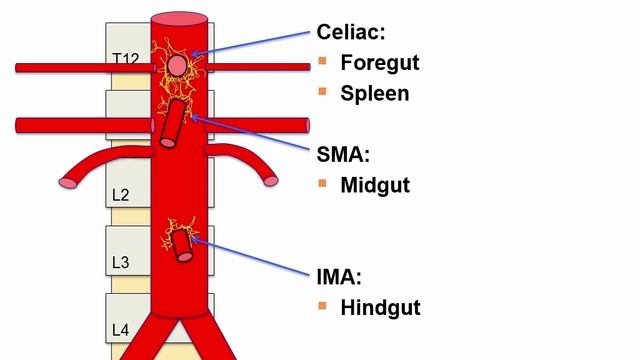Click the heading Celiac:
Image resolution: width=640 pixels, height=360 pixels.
click(352, 32)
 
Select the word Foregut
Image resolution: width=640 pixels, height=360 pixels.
click(379, 62)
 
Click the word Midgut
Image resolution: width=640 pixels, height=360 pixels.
click(375, 185)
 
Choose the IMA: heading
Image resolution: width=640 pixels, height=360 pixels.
click(335, 277)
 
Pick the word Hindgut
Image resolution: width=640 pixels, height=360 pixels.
click(380, 307)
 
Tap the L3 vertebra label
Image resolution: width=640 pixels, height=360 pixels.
click(119, 263)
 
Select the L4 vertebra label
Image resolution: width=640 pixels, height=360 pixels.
click(119, 329)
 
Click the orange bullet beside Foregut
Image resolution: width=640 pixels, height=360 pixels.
click(322, 62)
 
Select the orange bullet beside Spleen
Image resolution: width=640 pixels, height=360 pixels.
click(322, 92)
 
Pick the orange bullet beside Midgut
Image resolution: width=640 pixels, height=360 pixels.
click(322, 185)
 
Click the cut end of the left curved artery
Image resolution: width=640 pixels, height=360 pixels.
click(68, 183)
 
